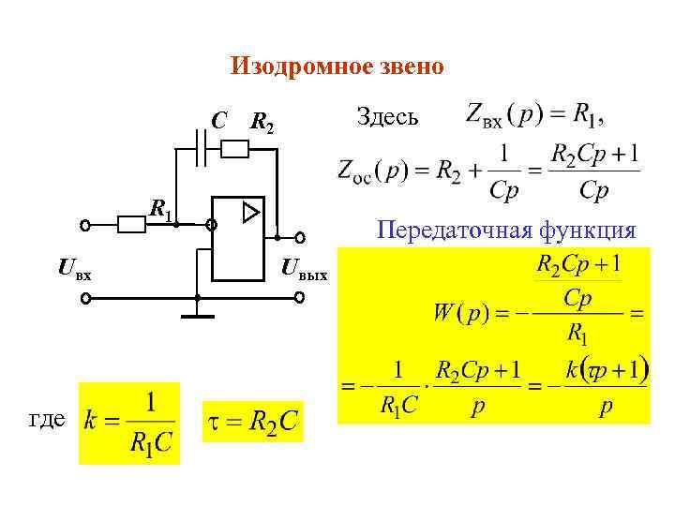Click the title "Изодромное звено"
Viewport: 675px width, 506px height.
click(337, 67)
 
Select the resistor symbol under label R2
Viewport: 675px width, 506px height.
click(234, 147)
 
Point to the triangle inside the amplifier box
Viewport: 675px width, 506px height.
click(250, 214)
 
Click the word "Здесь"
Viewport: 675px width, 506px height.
click(389, 117)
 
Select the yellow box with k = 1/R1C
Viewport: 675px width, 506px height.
click(129, 423)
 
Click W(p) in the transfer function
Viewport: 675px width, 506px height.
click(458, 311)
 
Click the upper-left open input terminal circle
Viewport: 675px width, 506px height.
click(85, 226)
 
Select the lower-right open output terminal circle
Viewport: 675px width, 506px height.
click(300, 298)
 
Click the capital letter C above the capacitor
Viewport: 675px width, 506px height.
click(217, 121)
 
